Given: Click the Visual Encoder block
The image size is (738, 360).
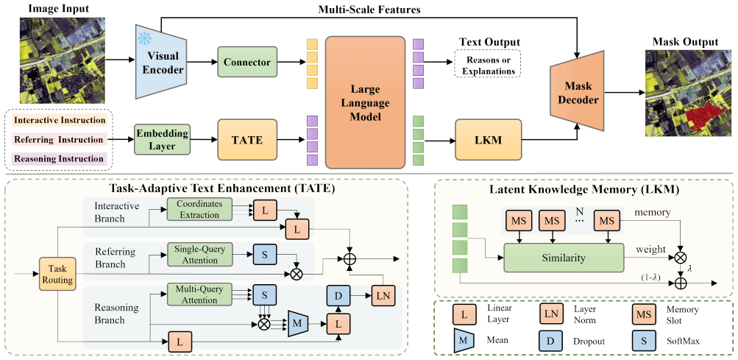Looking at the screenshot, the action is click(x=160, y=62).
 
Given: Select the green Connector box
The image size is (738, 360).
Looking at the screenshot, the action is click(x=246, y=62).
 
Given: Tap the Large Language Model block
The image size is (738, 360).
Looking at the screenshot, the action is click(x=365, y=102).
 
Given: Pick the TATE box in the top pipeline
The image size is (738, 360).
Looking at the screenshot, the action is click(x=246, y=139).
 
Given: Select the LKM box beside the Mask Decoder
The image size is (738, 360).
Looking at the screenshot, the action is click(x=489, y=140).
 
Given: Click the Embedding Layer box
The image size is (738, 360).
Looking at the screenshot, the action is click(x=162, y=139).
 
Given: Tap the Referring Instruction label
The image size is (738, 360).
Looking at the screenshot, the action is click(x=58, y=139).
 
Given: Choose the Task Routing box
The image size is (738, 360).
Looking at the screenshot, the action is click(x=56, y=274).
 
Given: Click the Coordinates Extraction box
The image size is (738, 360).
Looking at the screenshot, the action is click(x=200, y=208).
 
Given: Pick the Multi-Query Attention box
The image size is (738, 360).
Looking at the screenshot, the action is click(x=200, y=293).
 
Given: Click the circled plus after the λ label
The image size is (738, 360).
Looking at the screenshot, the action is click(x=680, y=283).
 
